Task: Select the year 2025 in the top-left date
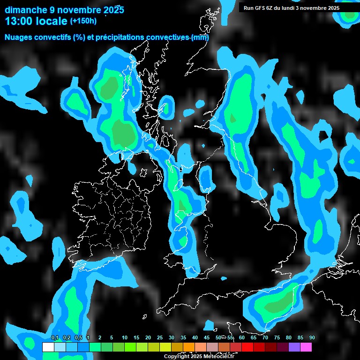[112, 9]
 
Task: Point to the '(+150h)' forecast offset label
[83, 21]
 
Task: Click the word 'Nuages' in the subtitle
[19, 37]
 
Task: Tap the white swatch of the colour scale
[48, 347]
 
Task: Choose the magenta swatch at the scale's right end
[306, 347]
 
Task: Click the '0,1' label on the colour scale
[55, 337]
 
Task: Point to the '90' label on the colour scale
[312, 337]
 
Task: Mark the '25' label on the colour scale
[160, 337]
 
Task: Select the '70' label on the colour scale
[265, 337]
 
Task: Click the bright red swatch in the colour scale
[247, 347]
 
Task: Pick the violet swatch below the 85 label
[294, 347]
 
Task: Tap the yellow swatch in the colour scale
[165, 347]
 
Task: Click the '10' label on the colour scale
[125, 337]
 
